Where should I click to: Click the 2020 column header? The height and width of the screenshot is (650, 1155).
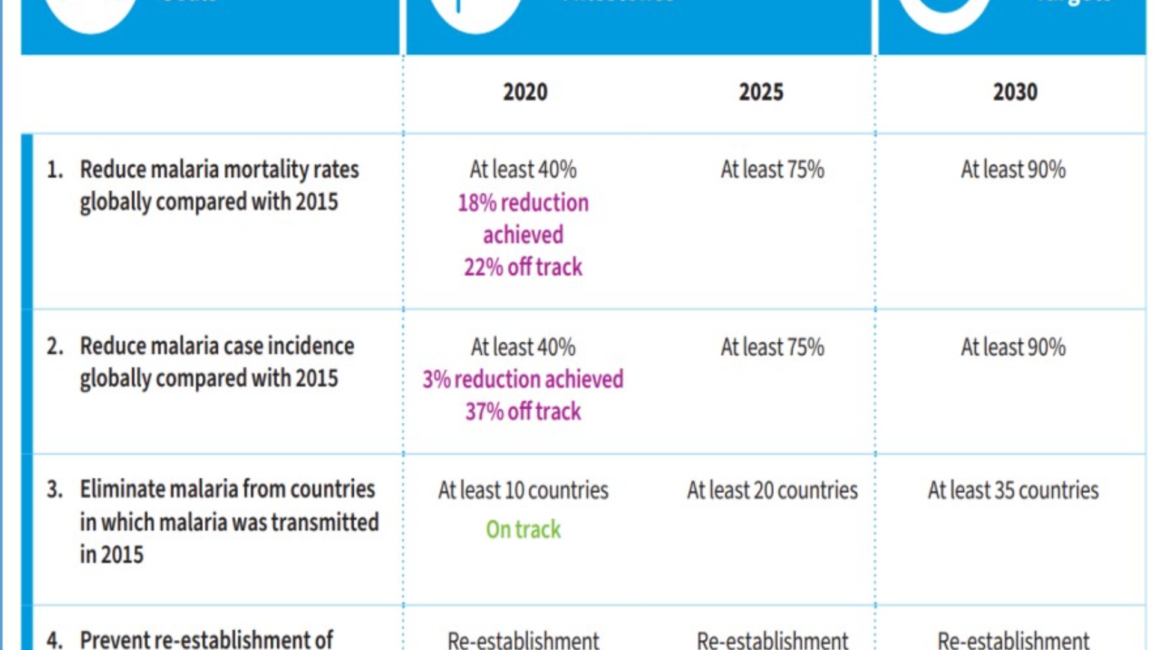pos(525,92)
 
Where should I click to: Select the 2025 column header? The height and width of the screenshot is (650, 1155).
pos(761,92)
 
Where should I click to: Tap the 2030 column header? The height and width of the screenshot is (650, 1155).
pos(1015,92)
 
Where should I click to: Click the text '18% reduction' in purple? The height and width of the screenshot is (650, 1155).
pos(523,203)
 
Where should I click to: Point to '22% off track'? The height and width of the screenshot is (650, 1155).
pos(523,267)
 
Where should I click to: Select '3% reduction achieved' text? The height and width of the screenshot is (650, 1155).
pos(523,379)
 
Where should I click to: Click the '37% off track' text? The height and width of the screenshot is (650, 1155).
pos(523,412)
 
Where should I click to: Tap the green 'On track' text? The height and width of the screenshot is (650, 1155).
pos(523,530)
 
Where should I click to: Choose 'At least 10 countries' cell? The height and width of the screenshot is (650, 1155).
pos(523,491)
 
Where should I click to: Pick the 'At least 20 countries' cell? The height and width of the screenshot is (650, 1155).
pos(772,491)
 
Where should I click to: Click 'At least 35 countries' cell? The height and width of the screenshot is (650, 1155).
pos(1013,491)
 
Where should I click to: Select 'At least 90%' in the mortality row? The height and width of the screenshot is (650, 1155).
pos(1013,170)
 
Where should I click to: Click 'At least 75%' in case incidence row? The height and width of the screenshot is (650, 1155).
pos(772,347)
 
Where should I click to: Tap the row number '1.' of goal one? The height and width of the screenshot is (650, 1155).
pos(55,170)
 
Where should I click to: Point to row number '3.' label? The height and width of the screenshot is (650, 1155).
pos(55,489)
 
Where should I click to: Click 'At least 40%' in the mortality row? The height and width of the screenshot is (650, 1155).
pos(523,170)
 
